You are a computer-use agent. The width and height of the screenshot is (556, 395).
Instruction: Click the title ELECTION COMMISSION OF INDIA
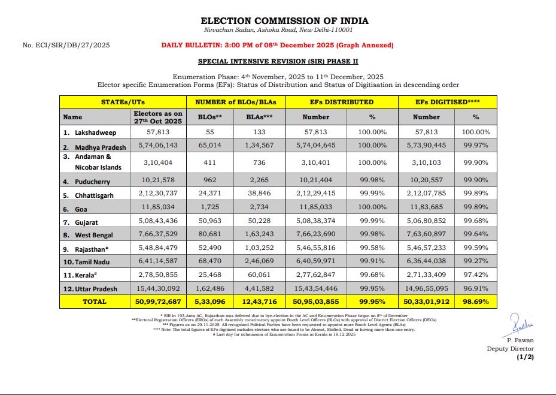(x=284, y=21)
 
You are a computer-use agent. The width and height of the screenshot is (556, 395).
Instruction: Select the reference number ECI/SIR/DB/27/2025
(x=66, y=46)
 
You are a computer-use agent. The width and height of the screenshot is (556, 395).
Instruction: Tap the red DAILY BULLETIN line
(x=277, y=46)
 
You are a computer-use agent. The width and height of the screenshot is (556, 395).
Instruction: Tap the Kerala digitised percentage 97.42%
(x=476, y=276)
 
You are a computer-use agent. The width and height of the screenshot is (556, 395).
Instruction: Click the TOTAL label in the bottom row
(x=95, y=301)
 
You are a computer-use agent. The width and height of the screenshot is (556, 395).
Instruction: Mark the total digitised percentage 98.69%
(x=476, y=301)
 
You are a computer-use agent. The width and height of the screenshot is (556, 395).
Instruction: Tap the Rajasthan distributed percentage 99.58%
(x=372, y=249)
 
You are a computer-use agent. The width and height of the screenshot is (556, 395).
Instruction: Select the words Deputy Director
(x=510, y=349)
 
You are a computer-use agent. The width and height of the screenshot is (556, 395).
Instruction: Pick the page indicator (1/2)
(x=525, y=357)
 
